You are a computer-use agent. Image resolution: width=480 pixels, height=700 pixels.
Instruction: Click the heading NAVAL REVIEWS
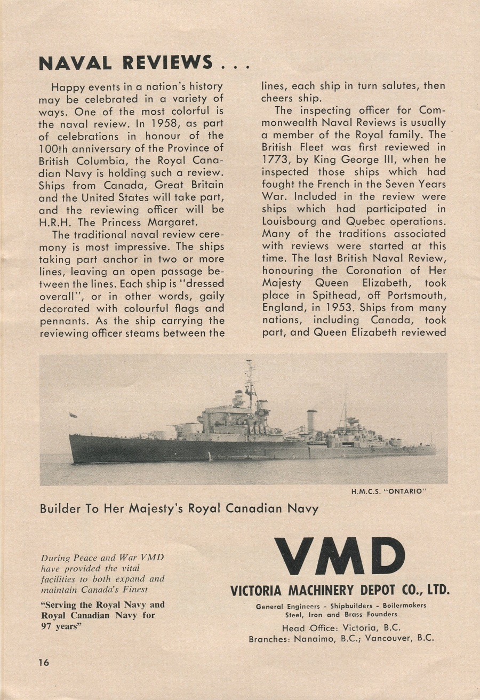pos(126,62)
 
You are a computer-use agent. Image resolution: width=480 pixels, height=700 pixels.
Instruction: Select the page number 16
pos(43,662)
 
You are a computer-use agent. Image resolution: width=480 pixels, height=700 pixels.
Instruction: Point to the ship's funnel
pos(311,420)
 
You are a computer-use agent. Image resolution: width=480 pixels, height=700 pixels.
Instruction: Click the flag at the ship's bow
pos(73,415)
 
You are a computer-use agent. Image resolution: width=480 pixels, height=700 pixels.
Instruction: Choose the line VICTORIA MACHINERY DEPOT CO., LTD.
pos(340,591)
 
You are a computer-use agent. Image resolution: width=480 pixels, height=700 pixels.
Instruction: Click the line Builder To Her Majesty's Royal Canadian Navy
pos(179,508)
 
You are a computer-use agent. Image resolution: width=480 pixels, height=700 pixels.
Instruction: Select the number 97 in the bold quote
pos(48,626)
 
